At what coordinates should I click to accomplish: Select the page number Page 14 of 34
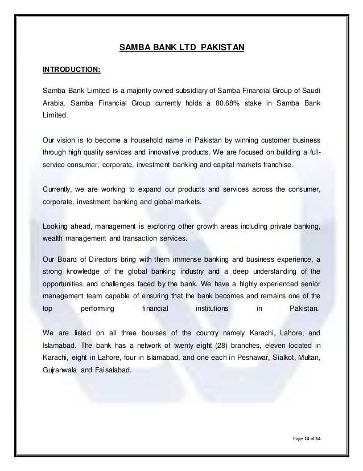pyautogui.click(x=306, y=437)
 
